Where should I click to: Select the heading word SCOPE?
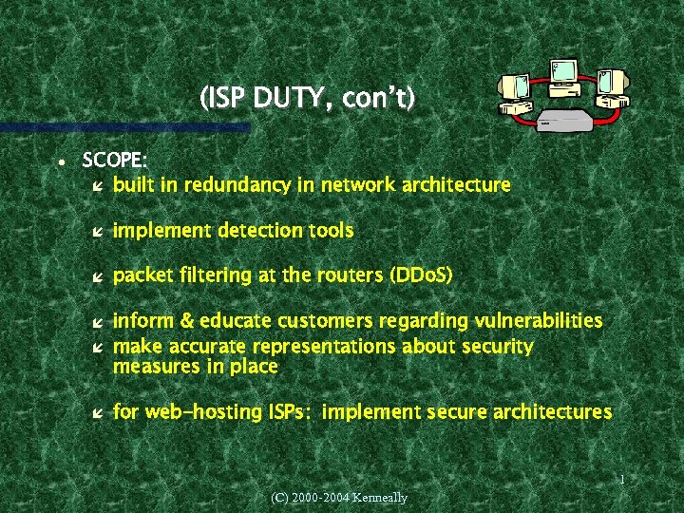(113, 160)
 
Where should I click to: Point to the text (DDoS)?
(421, 275)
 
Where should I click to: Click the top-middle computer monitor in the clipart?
(563, 71)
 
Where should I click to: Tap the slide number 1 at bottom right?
(620, 480)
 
